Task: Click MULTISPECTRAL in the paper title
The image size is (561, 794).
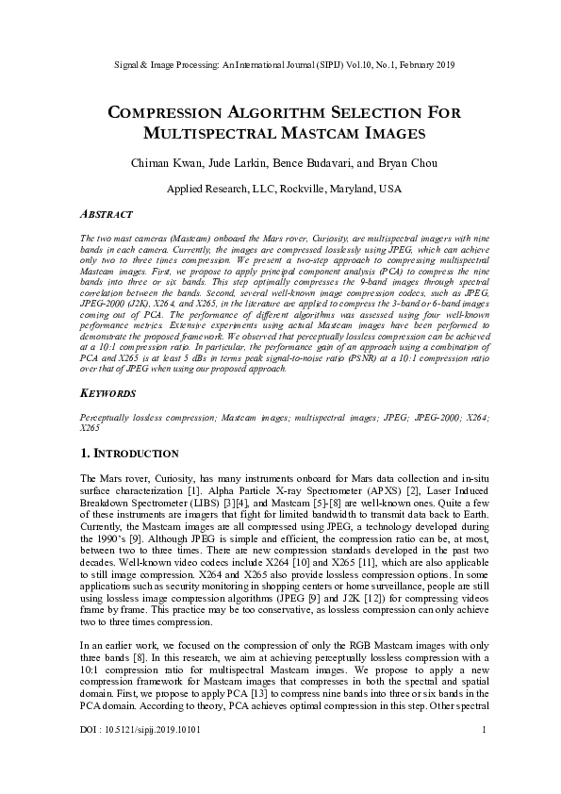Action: pyautogui.click(x=205, y=134)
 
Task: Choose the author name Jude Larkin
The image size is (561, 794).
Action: pyautogui.click(x=231, y=163)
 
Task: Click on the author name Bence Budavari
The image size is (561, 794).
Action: pyautogui.click(x=313, y=163)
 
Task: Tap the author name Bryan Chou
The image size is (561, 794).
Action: pyautogui.click(x=398, y=163)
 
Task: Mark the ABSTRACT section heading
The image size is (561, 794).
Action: pyautogui.click(x=107, y=215)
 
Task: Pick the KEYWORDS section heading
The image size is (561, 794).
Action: pyautogui.click(x=109, y=392)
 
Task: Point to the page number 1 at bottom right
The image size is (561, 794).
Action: pyautogui.click(x=483, y=755)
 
